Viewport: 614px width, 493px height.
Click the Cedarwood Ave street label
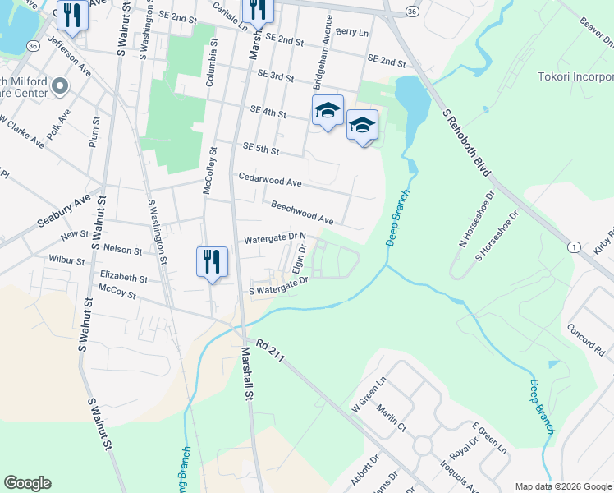[270, 179]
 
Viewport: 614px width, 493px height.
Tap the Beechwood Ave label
[301, 212]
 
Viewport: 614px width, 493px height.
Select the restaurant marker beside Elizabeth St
[212, 262]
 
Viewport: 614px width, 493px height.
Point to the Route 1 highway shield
[573, 246]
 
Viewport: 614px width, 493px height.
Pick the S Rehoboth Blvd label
[467, 143]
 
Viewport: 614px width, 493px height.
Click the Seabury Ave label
[62, 212]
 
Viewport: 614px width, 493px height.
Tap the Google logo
[27, 483]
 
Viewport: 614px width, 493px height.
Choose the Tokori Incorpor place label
[575, 77]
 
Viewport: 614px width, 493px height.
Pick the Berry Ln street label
[351, 32]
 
